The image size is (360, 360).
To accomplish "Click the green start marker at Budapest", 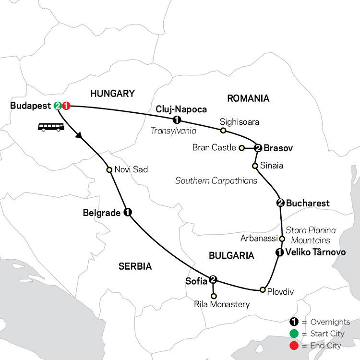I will click(x=58, y=106).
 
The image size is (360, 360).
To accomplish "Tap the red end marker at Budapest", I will click(x=66, y=106).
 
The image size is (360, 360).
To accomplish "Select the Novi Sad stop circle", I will click(x=109, y=169).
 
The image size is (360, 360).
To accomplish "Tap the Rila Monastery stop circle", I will click(x=214, y=296).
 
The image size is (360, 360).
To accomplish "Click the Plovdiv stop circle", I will click(x=263, y=289).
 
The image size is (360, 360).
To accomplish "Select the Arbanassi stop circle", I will click(x=282, y=239).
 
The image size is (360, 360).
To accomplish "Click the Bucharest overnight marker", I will click(x=280, y=203).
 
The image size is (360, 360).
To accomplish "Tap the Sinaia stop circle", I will click(x=255, y=166).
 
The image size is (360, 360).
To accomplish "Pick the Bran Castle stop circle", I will click(x=242, y=148).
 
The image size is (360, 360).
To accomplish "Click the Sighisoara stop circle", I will click(x=223, y=130).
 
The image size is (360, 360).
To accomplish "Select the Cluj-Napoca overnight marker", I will click(x=177, y=120).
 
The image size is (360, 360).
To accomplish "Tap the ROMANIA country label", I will click(x=248, y=98).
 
